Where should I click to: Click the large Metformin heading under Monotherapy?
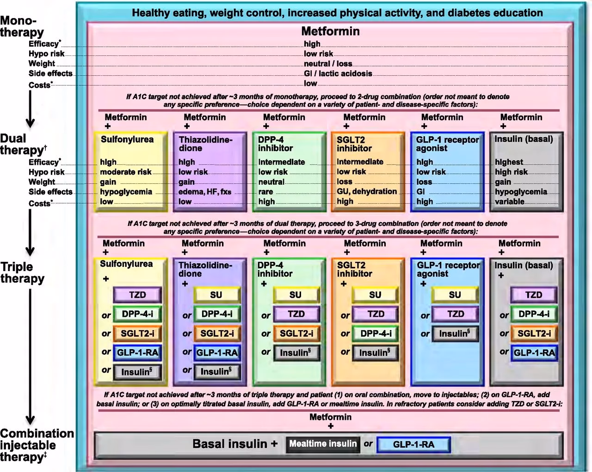click(330, 31)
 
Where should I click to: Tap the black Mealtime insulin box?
click(323, 444)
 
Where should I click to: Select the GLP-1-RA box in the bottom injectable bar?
click(413, 445)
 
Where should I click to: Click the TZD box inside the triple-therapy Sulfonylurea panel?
click(137, 295)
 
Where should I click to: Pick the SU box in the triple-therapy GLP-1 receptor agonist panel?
click(455, 295)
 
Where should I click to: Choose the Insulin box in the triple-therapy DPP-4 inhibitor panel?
click(296, 353)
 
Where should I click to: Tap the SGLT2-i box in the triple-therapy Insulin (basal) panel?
click(534, 333)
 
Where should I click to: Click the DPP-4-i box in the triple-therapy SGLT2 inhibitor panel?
click(376, 333)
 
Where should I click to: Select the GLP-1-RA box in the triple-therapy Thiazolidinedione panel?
click(217, 353)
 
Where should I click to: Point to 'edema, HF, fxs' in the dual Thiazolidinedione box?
click(205, 192)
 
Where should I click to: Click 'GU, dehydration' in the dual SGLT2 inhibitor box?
click(367, 191)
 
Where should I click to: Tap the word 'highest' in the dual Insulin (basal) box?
click(509, 162)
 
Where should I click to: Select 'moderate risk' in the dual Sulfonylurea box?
click(126, 172)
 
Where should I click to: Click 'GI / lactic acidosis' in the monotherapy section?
click(338, 73)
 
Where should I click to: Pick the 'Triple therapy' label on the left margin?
click(22, 272)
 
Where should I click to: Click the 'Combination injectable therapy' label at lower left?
click(36, 445)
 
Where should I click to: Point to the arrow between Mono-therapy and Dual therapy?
click(30, 109)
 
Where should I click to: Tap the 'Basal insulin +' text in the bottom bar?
click(235, 444)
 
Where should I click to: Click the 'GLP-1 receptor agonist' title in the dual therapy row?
click(447, 144)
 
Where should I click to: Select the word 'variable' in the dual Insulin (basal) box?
click(510, 201)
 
